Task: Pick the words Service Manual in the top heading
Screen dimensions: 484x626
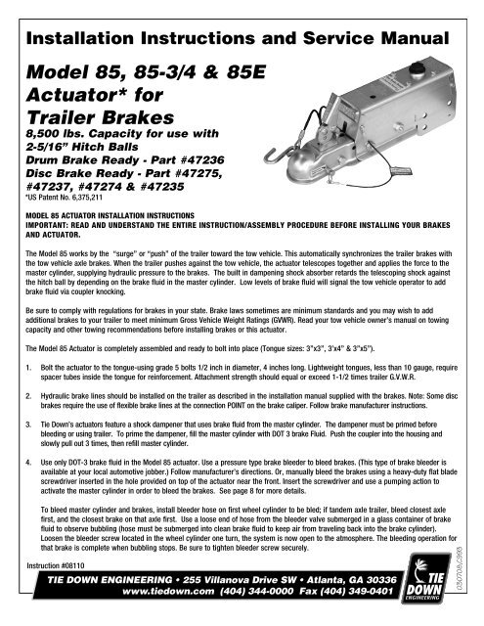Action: click(357, 41)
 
